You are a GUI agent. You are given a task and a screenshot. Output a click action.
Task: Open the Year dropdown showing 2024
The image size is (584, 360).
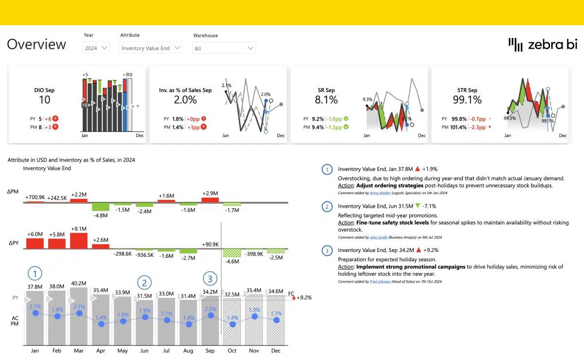96,48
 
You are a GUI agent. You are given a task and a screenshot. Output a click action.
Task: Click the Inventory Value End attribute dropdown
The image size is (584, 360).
151,48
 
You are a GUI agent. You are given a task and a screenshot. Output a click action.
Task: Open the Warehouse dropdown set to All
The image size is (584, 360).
224,48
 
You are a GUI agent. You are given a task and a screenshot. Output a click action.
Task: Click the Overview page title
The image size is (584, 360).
36,44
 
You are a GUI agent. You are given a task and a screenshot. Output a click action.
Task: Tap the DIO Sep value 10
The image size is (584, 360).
44,100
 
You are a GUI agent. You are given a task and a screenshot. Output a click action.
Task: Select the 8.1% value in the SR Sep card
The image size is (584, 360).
326,100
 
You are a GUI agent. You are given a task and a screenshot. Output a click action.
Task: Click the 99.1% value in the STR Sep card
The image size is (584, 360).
467,100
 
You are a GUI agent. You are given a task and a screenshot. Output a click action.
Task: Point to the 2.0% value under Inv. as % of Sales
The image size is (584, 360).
185,100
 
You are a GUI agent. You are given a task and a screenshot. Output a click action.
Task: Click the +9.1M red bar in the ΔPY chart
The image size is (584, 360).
79,241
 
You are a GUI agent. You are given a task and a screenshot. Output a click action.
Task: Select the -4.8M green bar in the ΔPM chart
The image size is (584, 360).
101,207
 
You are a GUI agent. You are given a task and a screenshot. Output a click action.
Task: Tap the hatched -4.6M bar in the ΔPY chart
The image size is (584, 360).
232,253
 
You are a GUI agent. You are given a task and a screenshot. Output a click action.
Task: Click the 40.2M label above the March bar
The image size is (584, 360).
79,283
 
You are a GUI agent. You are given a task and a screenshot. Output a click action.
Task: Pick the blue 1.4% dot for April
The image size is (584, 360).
101,324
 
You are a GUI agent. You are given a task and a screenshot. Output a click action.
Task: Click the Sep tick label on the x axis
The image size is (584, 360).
210,350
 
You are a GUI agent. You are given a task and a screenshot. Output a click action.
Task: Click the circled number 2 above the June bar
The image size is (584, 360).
144,282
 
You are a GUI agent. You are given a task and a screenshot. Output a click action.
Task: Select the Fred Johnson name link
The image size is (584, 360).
381,282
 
